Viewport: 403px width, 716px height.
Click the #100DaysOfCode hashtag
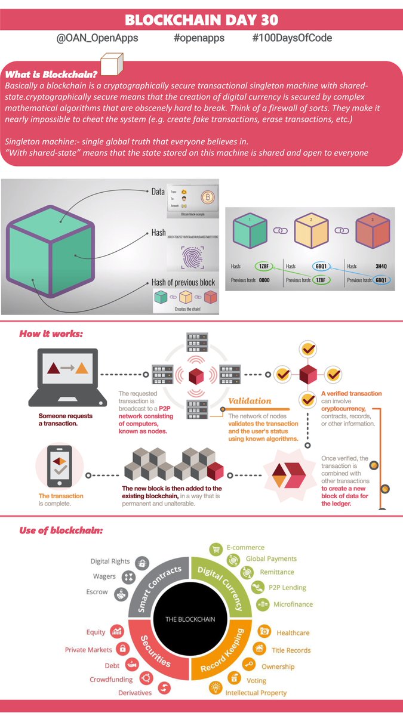coord(292,38)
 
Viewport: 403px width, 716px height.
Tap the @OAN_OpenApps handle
coord(99,38)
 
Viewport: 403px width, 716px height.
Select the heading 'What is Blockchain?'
coord(51,75)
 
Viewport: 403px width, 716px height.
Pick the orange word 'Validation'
coord(250,401)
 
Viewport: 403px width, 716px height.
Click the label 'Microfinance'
coord(293,604)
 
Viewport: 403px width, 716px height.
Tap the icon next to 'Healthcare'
coord(263,631)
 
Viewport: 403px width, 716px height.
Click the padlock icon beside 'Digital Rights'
coord(142,562)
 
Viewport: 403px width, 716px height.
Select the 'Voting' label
coord(256,680)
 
